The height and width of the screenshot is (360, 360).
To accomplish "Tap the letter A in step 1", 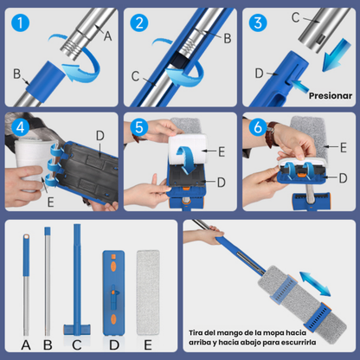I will [x=108, y=35].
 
